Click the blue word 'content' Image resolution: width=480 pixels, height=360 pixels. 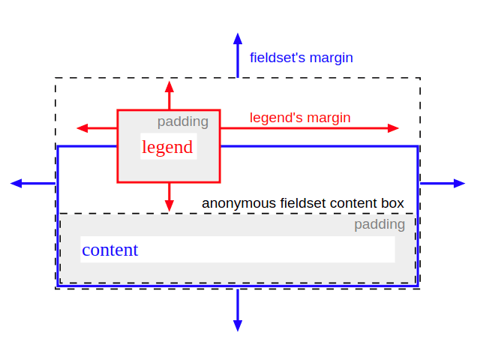[x=109, y=250]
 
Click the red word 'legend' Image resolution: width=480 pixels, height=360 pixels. [x=167, y=147]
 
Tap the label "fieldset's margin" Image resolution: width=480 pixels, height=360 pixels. [x=301, y=58]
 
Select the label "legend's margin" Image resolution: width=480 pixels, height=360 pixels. [x=300, y=118]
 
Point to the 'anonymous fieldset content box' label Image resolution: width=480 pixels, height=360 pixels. [x=303, y=203]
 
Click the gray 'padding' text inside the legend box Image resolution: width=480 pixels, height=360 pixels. [x=182, y=121]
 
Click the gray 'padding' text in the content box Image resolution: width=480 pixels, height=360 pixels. [x=379, y=224]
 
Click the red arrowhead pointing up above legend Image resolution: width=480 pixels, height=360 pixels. [x=169, y=85]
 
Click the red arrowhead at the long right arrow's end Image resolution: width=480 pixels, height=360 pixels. [x=394, y=128]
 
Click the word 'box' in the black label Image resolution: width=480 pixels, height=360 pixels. [x=392, y=203]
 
